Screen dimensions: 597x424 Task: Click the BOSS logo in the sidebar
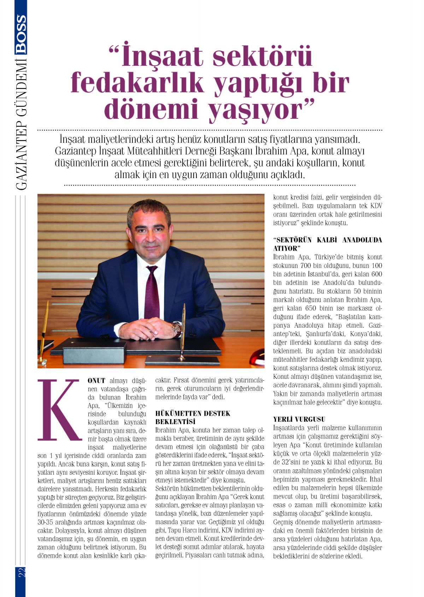[x=21, y=34]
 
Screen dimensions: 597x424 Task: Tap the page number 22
[x=21, y=572]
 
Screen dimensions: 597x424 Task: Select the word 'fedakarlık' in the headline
[x=137, y=83]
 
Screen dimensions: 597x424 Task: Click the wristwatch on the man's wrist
[x=176, y=328]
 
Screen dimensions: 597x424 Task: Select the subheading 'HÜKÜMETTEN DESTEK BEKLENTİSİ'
[x=193, y=417]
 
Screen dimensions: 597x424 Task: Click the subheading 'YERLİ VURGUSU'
[x=299, y=419]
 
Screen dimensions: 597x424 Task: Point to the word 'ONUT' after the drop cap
[x=96, y=381]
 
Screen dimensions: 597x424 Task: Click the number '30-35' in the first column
[x=45, y=522]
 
